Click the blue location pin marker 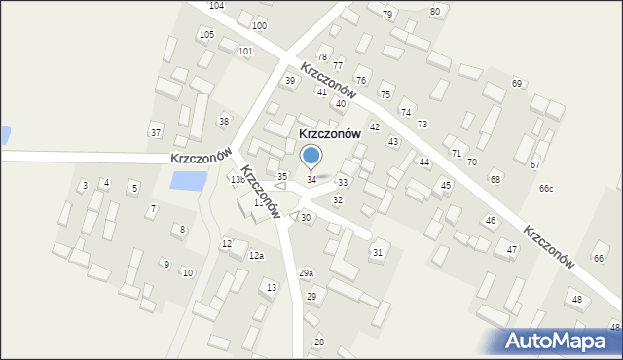[311, 156]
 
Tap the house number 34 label [311, 180]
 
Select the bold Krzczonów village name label [316, 134]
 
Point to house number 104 [216, 6]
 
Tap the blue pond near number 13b [188, 180]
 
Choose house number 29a [306, 273]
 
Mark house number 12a [256, 255]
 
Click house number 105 [206, 35]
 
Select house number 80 [434, 11]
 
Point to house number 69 [517, 83]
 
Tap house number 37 [155, 132]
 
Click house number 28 [318, 342]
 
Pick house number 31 [377, 253]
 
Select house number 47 [511, 250]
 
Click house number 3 [85, 185]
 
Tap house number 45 [446, 185]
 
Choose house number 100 [259, 25]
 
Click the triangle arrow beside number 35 [279, 187]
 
